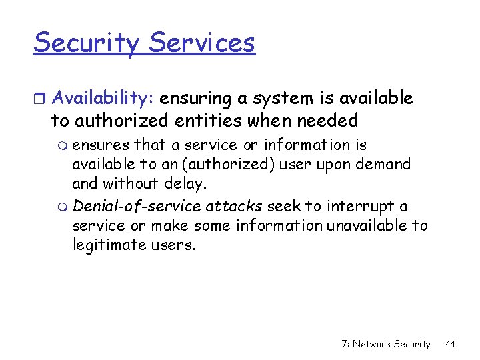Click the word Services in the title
point(202,43)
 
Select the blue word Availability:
point(103,99)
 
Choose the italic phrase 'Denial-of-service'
point(136,207)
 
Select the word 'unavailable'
point(367,226)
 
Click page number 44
point(450,344)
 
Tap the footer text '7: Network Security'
point(385,344)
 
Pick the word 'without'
point(131,183)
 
